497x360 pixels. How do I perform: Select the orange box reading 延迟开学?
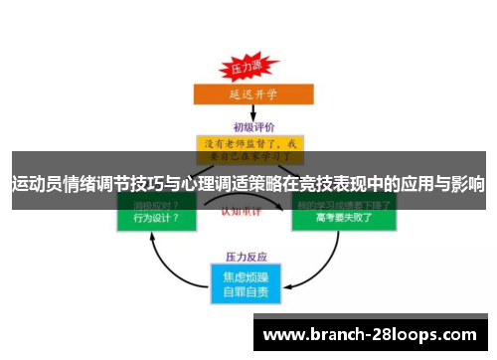point(248,96)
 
